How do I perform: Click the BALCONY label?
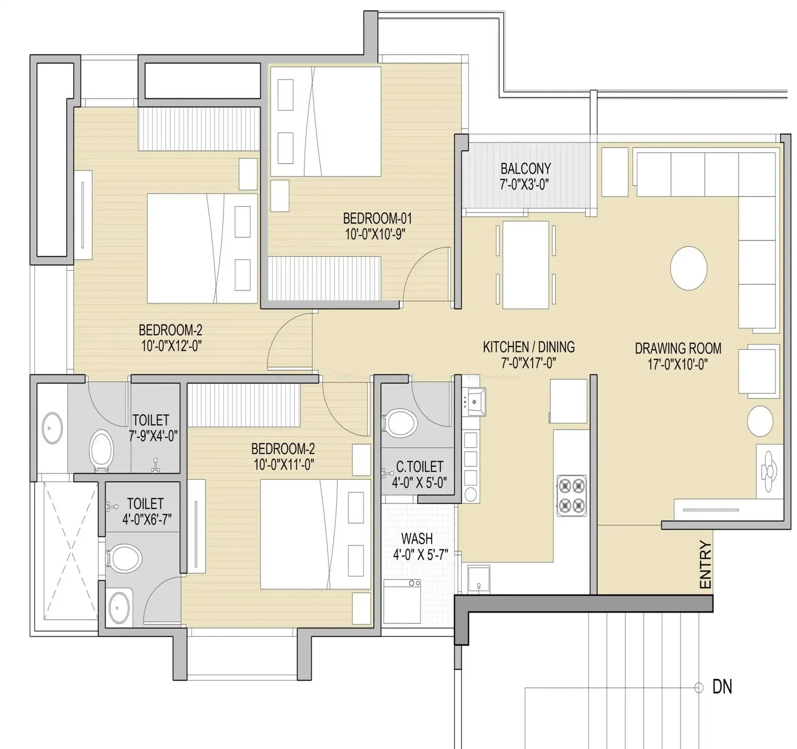click(x=525, y=168)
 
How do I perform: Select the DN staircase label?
click(x=722, y=687)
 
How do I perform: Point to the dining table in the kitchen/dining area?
click(x=525, y=265)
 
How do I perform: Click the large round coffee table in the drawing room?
click(x=688, y=268)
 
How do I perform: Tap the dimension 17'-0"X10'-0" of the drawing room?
click(x=677, y=364)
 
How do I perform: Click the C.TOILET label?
click(x=419, y=467)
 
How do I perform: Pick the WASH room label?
click(x=417, y=538)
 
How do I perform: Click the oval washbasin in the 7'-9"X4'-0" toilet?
click(x=52, y=428)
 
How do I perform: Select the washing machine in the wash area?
click(x=402, y=601)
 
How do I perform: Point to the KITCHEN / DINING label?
click(x=528, y=347)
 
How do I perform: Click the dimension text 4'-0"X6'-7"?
click(x=146, y=519)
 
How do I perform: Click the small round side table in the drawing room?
click(x=760, y=421)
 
